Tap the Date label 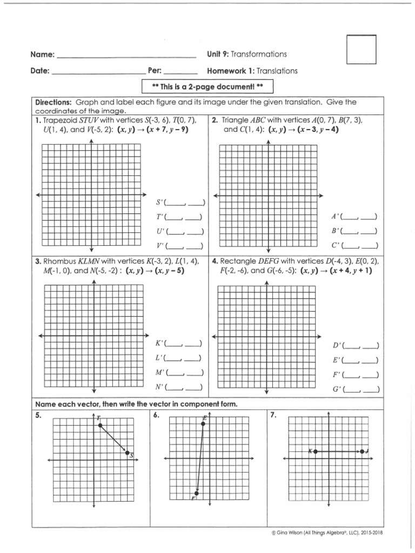[x=40, y=71]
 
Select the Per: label [x=155, y=71]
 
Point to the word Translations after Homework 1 [x=277, y=71]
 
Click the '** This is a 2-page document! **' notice [x=207, y=87]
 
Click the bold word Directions [x=53, y=102]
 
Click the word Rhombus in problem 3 [x=60, y=261]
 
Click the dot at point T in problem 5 [x=101, y=426]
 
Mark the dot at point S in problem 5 [x=128, y=453]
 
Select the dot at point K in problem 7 [x=315, y=451]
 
